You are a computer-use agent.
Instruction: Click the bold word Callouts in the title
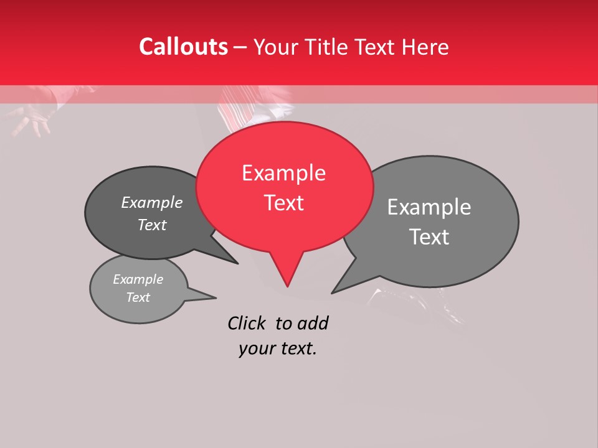pyautogui.click(x=183, y=47)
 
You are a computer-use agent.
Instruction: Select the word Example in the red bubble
pyautogui.click(x=283, y=173)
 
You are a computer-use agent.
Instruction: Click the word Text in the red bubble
pyautogui.click(x=283, y=203)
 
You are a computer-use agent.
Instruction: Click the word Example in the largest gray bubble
pyautogui.click(x=429, y=207)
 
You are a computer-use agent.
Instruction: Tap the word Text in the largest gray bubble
pyautogui.click(x=429, y=237)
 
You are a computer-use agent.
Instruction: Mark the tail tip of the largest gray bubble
pyautogui.click(x=333, y=292)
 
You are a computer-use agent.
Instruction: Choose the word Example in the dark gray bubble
pyautogui.click(x=151, y=202)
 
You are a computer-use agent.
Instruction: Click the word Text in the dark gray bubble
pyautogui.click(x=152, y=225)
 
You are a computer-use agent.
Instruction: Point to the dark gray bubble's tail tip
pyautogui.click(x=237, y=263)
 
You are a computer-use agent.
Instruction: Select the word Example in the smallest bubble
pyautogui.click(x=138, y=279)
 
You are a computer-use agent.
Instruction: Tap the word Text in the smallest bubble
pyautogui.click(x=138, y=297)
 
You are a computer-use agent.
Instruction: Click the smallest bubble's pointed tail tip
pyautogui.click(x=216, y=297)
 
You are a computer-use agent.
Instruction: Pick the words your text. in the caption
pyautogui.click(x=278, y=348)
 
